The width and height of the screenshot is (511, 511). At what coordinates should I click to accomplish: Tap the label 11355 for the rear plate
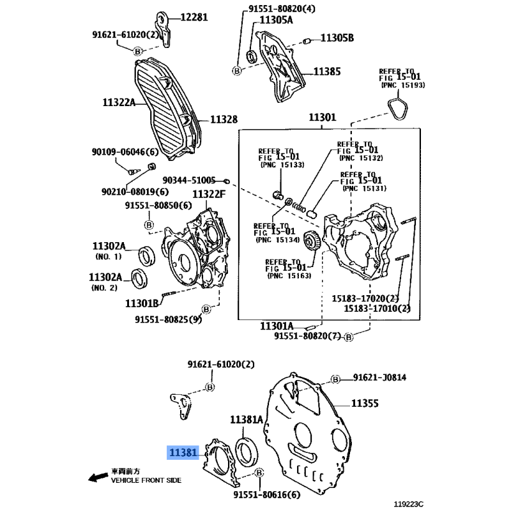click(x=365, y=404)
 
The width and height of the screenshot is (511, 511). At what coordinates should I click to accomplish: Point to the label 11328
click(x=224, y=119)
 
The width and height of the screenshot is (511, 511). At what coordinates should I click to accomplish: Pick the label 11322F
click(x=210, y=194)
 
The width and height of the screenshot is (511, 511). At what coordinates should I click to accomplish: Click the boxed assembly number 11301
click(x=322, y=118)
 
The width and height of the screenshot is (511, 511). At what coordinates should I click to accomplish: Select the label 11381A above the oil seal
click(x=247, y=420)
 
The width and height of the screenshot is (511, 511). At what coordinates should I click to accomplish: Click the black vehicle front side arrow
click(x=96, y=477)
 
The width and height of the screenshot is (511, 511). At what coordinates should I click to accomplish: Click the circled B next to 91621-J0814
click(x=335, y=379)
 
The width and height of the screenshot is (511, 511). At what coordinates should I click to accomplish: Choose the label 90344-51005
click(x=188, y=181)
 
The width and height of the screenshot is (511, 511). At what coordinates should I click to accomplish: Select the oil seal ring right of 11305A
click(x=251, y=55)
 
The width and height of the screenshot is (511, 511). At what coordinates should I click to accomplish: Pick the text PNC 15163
click(x=289, y=276)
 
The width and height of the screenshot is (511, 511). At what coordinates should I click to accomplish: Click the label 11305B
click(x=337, y=38)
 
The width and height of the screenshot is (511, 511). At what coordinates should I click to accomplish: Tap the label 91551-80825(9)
click(x=167, y=319)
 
